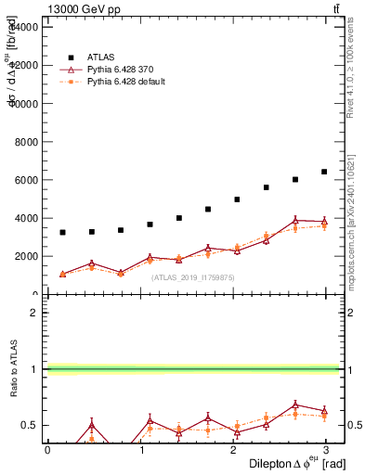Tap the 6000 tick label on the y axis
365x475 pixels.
click(26, 180)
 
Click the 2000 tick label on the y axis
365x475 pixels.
click(26, 257)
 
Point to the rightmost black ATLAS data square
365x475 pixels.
click(324, 172)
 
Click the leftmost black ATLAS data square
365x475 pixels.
click(62, 232)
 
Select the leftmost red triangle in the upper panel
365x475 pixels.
click(62, 275)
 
